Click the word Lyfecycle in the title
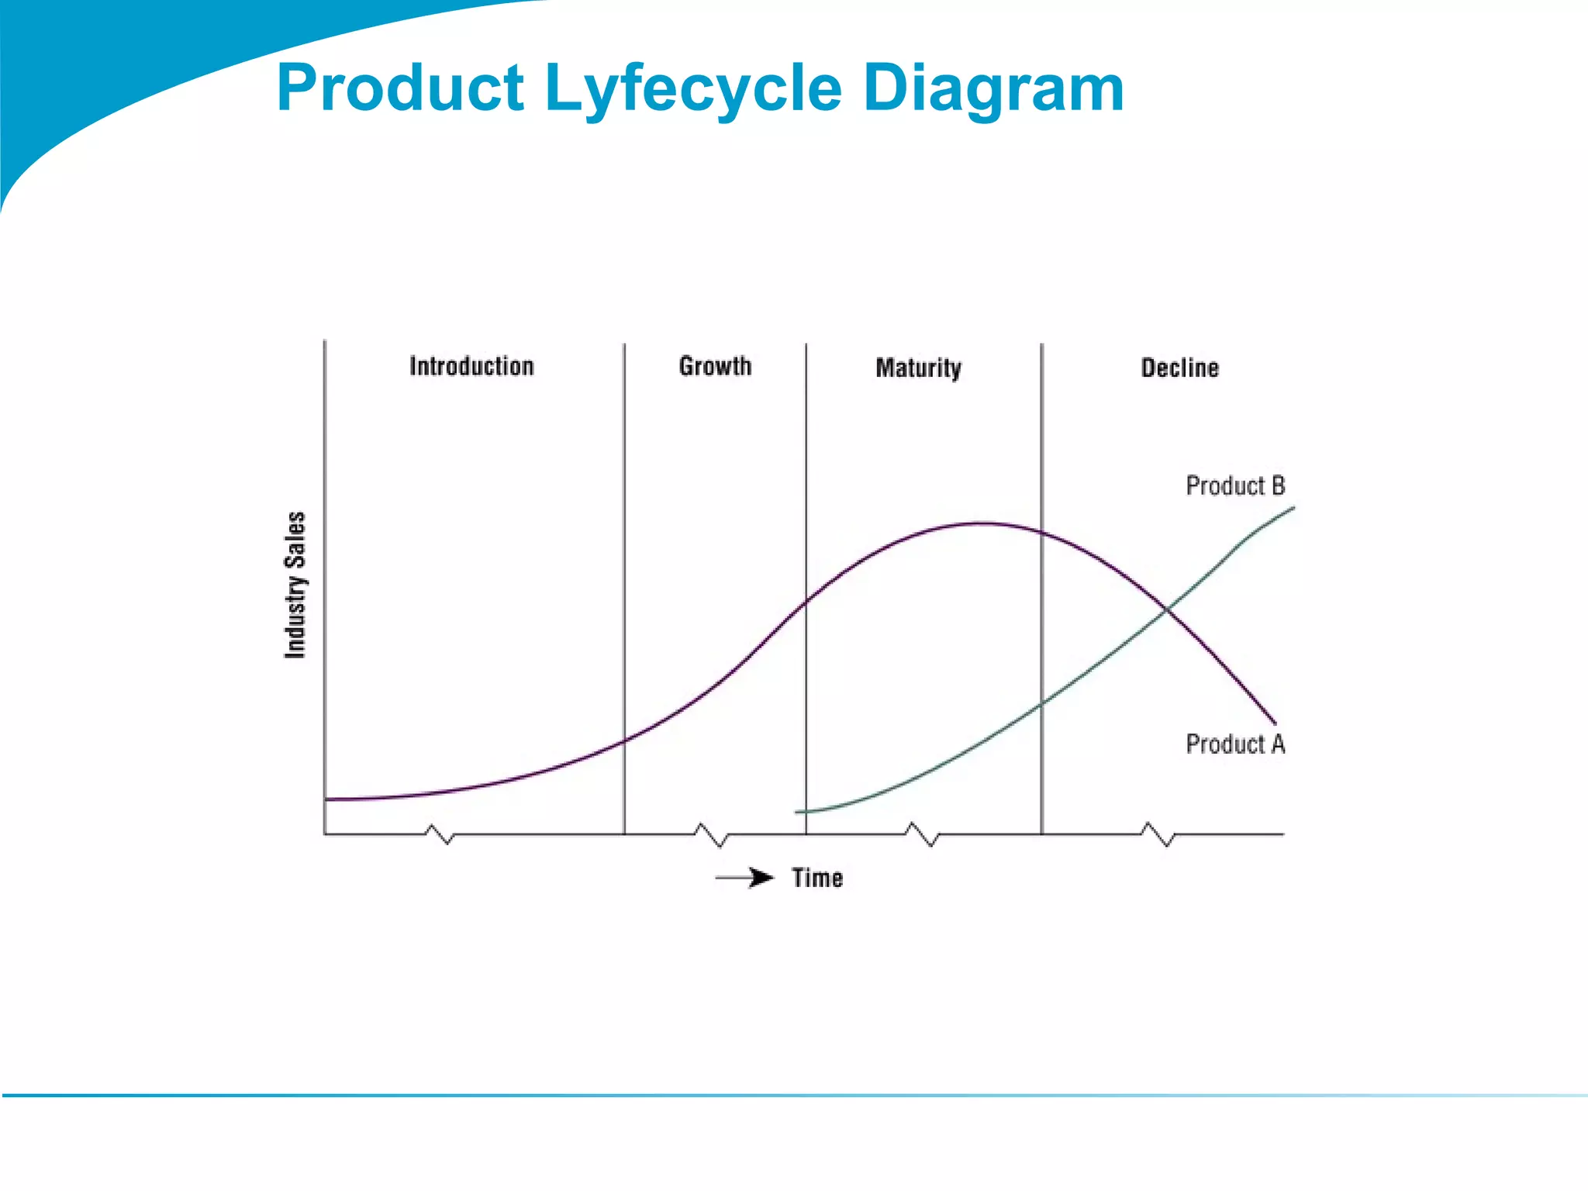point(693,89)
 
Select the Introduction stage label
point(471,366)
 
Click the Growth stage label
point(715,366)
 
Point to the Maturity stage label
point(918,368)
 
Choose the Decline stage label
point(1179,368)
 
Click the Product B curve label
point(1235,486)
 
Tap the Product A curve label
point(1235,744)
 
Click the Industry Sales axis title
point(295,585)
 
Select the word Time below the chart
point(817,878)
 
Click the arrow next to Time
point(745,878)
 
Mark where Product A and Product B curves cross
point(1166,610)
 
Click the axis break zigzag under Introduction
point(439,835)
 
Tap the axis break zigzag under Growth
point(710,835)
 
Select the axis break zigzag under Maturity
point(923,835)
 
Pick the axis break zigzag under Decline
point(1158,835)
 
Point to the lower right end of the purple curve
point(1274,723)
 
